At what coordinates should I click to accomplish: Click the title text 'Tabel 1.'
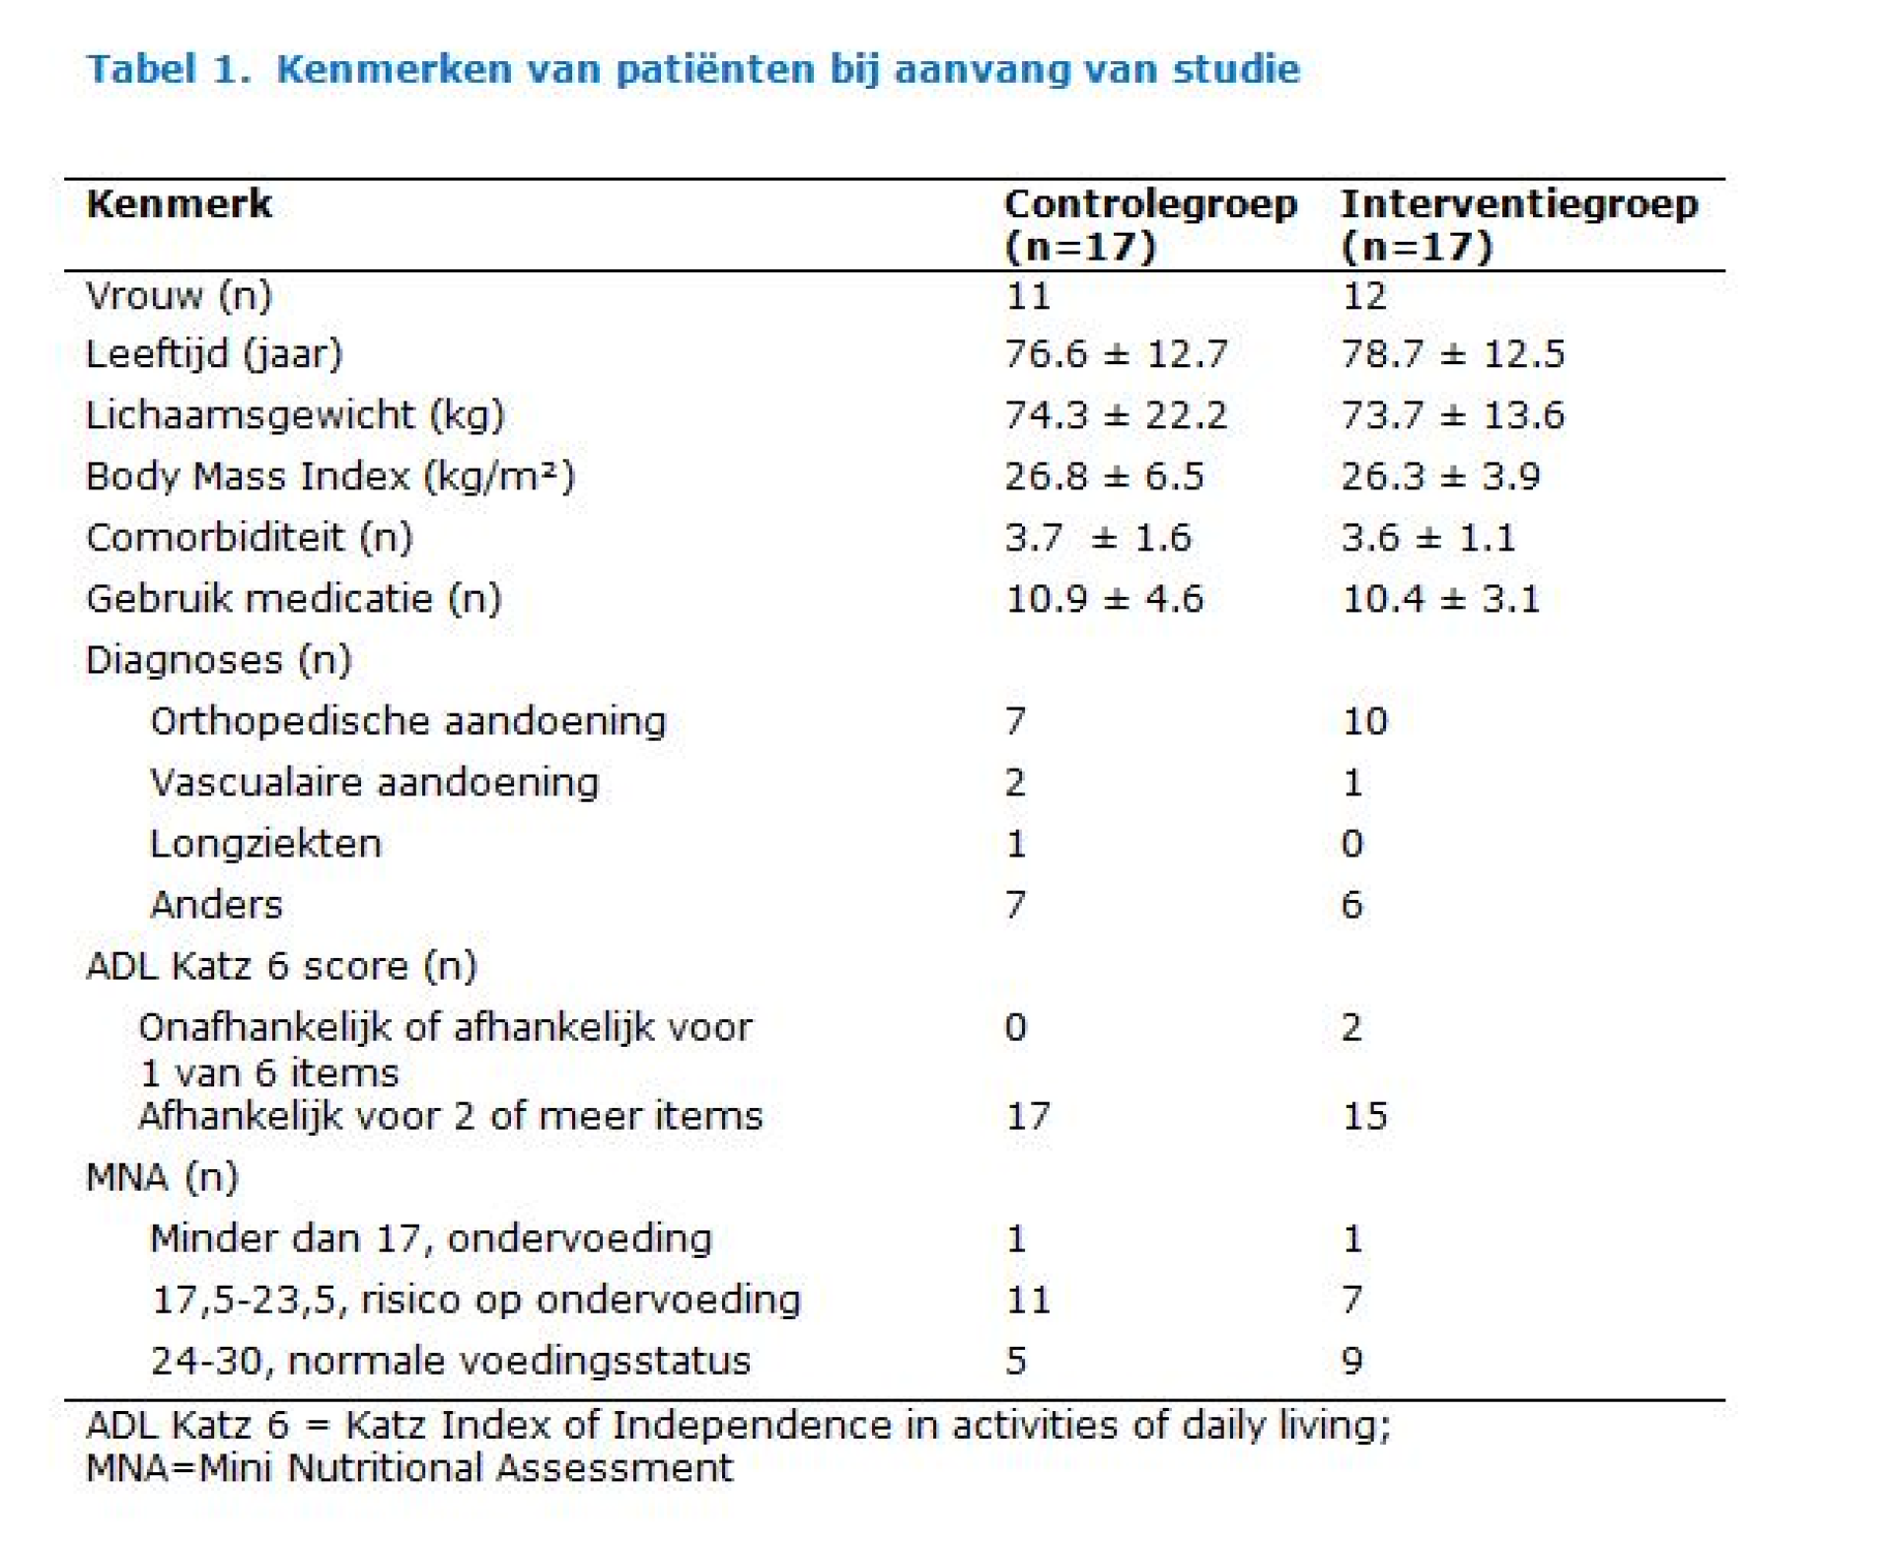(x=168, y=69)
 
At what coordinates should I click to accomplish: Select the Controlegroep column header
(x=1150, y=225)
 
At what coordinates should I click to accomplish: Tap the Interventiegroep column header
(x=1519, y=225)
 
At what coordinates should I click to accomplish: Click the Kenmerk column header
(x=179, y=204)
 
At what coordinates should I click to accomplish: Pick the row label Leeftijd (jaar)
(x=214, y=354)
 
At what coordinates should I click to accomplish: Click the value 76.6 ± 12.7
(x=1116, y=354)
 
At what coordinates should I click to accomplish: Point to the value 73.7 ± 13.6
(x=1452, y=415)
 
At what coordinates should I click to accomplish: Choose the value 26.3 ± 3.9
(x=1440, y=477)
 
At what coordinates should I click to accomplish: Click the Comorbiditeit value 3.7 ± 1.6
(x=1098, y=538)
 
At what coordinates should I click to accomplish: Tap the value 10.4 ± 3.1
(x=1440, y=599)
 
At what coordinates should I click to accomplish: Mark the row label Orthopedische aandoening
(x=408, y=721)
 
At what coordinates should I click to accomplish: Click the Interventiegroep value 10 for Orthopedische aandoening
(x=1365, y=721)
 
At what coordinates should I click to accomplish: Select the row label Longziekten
(x=265, y=844)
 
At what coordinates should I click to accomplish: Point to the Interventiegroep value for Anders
(x=1351, y=905)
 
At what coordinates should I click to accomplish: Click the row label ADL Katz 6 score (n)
(x=281, y=966)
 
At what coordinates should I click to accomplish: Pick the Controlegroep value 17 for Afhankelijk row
(x=1028, y=1116)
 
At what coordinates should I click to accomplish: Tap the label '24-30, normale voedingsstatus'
(x=451, y=1361)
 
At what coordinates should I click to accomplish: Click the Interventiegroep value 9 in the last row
(x=1351, y=1361)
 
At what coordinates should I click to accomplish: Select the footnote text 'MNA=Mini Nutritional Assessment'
(x=409, y=1468)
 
